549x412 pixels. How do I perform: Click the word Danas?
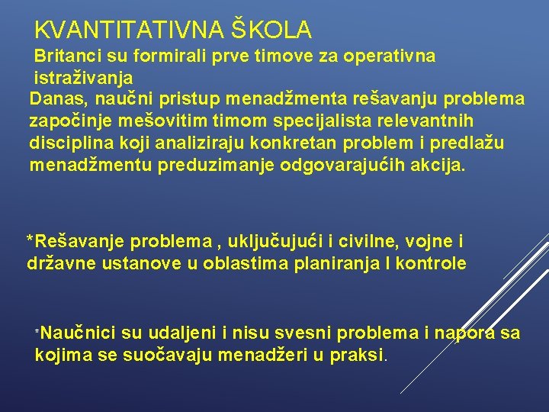[x=53, y=100]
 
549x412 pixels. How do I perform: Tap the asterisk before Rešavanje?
[x=30, y=241]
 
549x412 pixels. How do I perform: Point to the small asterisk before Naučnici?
[x=37, y=333]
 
